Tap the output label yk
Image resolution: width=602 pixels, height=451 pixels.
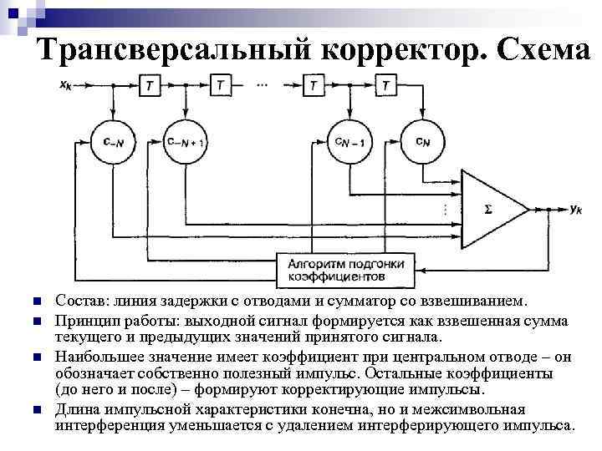574,210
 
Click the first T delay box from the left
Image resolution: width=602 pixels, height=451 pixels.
150,85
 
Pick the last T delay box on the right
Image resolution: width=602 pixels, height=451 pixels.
385,85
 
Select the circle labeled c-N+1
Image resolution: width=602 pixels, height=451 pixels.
185,142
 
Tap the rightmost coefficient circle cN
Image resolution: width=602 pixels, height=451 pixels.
422,142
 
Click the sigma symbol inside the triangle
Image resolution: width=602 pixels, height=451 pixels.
487,210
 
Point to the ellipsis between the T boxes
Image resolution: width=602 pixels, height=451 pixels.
263,84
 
